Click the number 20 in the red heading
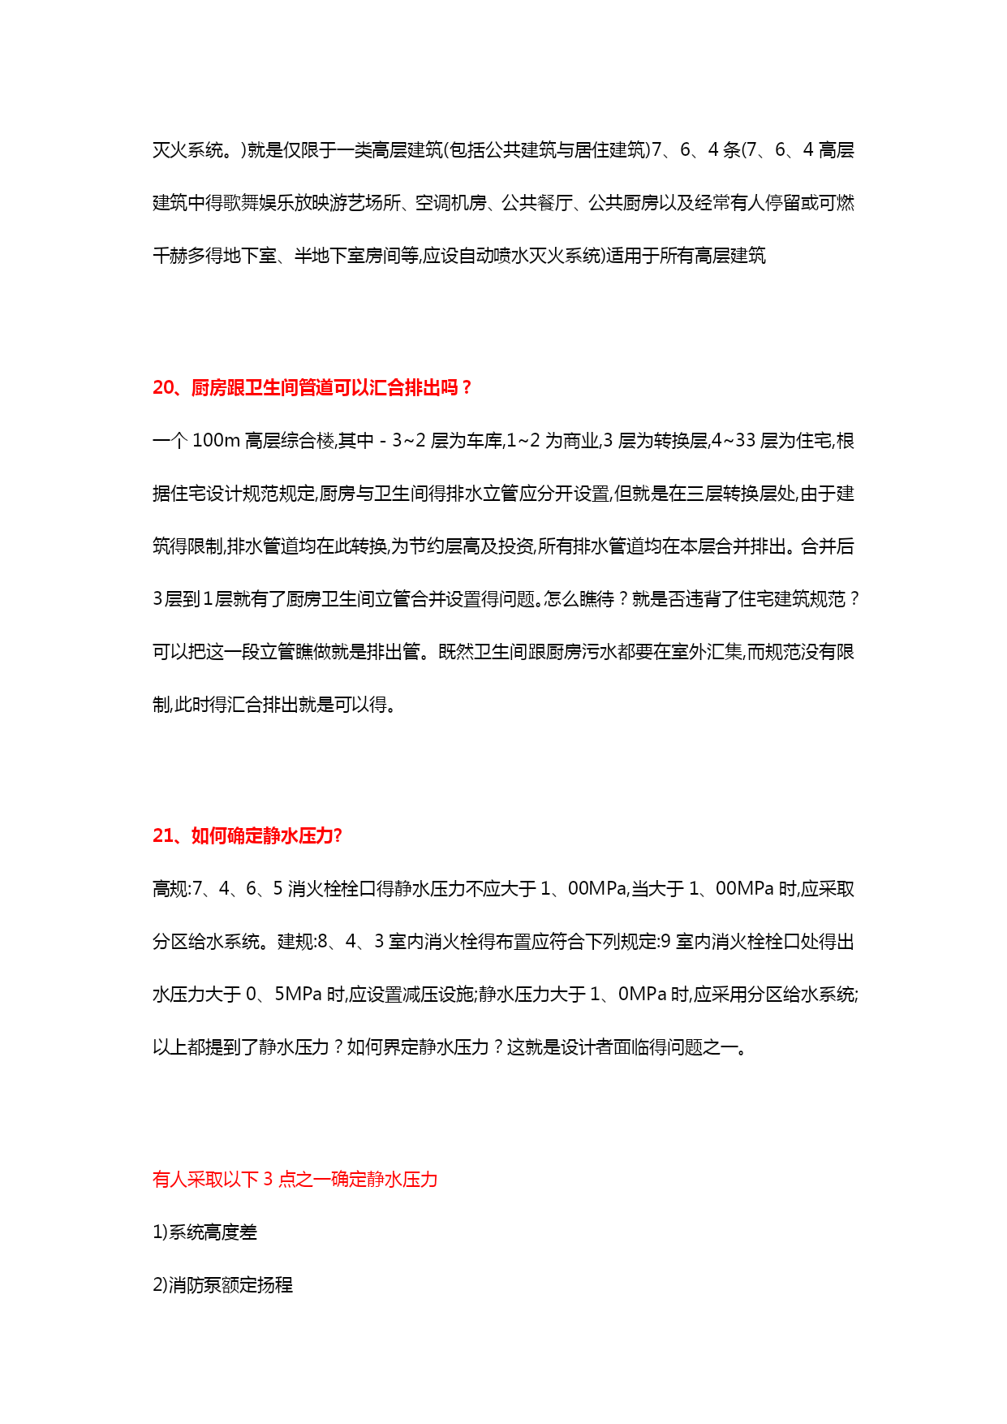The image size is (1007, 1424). click(x=163, y=388)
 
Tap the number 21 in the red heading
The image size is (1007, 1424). click(x=163, y=836)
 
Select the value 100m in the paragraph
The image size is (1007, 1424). click(x=216, y=441)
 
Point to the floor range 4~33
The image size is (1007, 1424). click(x=734, y=441)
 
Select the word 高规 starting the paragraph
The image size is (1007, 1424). click(x=170, y=889)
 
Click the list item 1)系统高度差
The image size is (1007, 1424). click(x=204, y=1232)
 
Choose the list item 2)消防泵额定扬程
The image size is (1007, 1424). click(x=222, y=1285)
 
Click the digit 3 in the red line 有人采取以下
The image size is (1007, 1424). click(x=269, y=1180)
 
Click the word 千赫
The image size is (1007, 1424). click(x=170, y=256)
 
